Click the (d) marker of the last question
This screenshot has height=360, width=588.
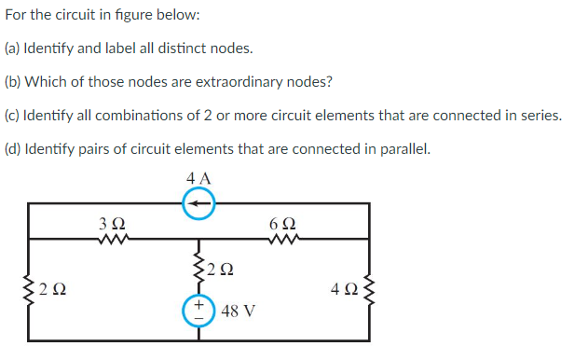pos(14,148)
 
